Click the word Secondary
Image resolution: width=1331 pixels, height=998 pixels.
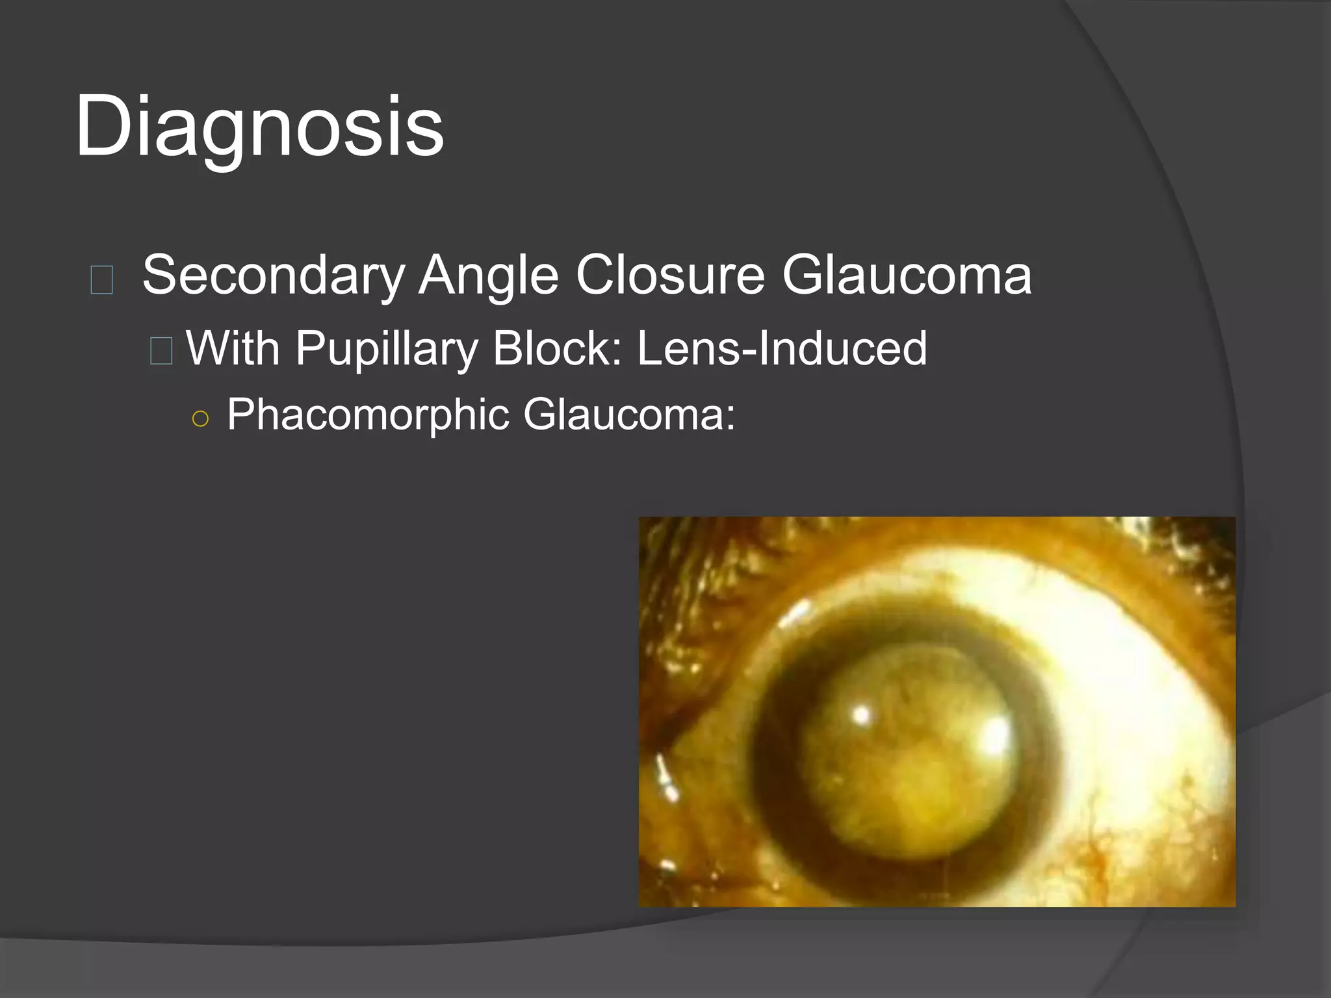click(273, 275)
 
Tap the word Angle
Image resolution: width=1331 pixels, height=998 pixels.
click(488, 275)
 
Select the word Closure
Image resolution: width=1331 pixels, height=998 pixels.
click(670, 275)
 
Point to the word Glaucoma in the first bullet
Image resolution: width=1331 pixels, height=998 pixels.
click(906, 275)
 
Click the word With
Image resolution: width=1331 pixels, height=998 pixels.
click(233, 348)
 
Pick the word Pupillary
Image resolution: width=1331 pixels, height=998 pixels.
click(387, 350)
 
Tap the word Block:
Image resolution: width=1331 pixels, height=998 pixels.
click(558, 348)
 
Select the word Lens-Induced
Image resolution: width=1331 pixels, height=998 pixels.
click(782, 348)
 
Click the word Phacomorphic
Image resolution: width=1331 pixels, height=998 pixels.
click(368, 415)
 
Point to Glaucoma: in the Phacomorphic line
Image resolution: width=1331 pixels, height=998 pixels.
click(629, 415)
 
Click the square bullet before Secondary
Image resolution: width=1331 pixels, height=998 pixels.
click(102, 280)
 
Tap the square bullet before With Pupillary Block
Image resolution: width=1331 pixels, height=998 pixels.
click(161, 351)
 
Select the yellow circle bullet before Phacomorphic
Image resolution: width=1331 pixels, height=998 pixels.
click(201, 419)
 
